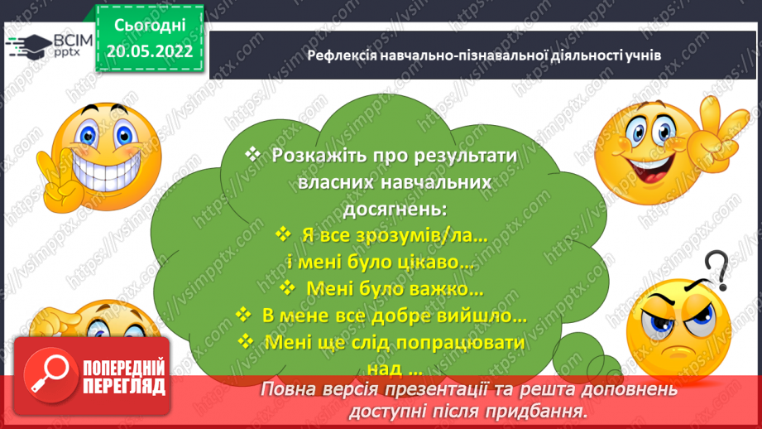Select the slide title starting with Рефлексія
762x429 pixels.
(x=483, y=55)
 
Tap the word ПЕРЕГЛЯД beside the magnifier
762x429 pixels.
(x=125, y=385)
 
